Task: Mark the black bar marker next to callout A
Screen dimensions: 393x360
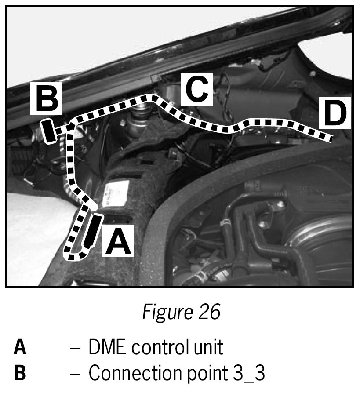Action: pos(92,230)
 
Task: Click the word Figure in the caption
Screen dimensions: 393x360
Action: pos(163,312)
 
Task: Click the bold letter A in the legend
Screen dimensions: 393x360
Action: pos(20,347)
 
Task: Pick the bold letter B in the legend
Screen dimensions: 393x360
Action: pos(20,374)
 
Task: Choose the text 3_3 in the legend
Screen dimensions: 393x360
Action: pos(249,374)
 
